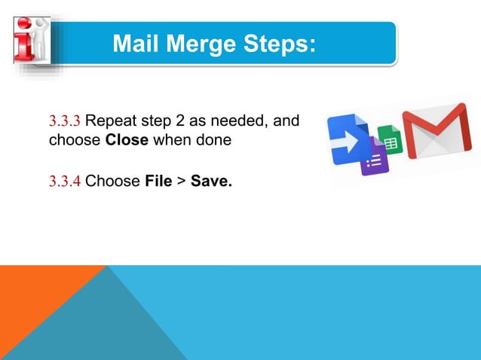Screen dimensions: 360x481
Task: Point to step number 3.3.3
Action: click(67, 121)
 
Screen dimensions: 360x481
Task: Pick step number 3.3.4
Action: click(67, 182)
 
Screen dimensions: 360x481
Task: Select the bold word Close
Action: click(127, 140)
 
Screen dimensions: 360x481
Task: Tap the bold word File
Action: click(158, 182)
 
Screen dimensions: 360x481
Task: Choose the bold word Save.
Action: click(212, 182)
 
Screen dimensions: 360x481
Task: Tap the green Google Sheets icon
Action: click(391, 141)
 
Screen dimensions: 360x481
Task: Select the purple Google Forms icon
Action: click(373, 157)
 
